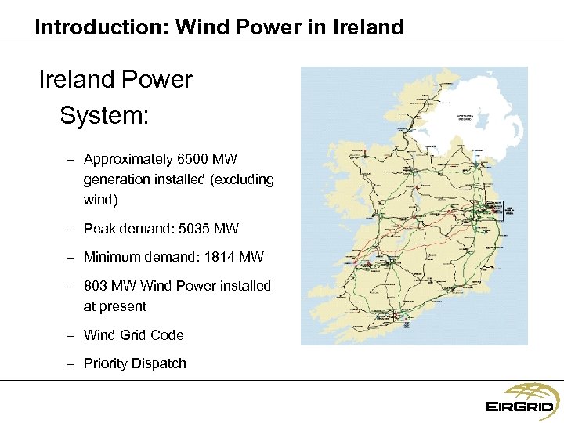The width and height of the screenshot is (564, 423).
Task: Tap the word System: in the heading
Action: [x=104, y=116]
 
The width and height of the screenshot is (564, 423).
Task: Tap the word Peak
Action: [x=99, y=229]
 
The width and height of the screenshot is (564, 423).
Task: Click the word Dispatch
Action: [x=160, y=363]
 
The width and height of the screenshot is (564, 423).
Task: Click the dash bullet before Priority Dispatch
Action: [x=70, y=363]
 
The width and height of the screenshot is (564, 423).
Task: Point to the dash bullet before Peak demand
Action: [x=70, y=229]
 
